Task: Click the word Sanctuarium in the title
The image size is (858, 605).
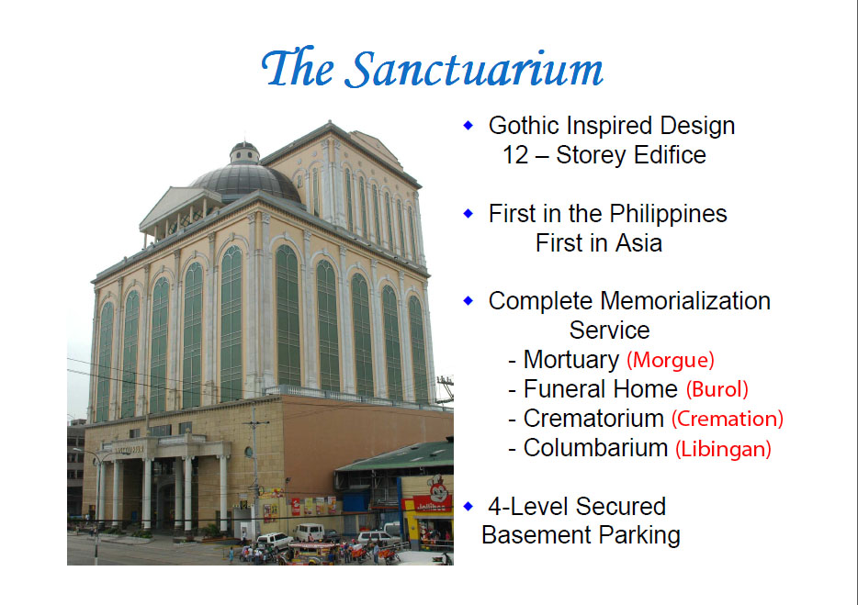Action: (x=476, y=68)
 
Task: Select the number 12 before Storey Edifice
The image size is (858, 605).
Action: (x=515, y=155)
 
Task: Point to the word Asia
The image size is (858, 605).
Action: (x=638, y=243)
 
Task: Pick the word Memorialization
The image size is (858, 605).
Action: (x=684, y=301)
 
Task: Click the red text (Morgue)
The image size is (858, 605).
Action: (x=671, y=360)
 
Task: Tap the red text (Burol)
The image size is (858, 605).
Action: (x=717, y=389)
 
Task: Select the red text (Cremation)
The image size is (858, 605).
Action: (x=728, y=419)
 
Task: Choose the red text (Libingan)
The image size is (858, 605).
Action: (x=723, y=449)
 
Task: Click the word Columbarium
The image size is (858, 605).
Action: (x=595, y=447)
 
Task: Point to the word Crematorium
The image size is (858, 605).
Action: (x=593, y=419)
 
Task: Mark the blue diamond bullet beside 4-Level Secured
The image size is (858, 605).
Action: (x=468, y=506)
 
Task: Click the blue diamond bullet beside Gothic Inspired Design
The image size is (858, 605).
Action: (x=468, y=125)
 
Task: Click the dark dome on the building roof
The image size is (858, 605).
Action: (x=246, y=181)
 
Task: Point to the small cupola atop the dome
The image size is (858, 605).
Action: (x=244, y=152)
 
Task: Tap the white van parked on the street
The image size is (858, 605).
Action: (x=309, y=532)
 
